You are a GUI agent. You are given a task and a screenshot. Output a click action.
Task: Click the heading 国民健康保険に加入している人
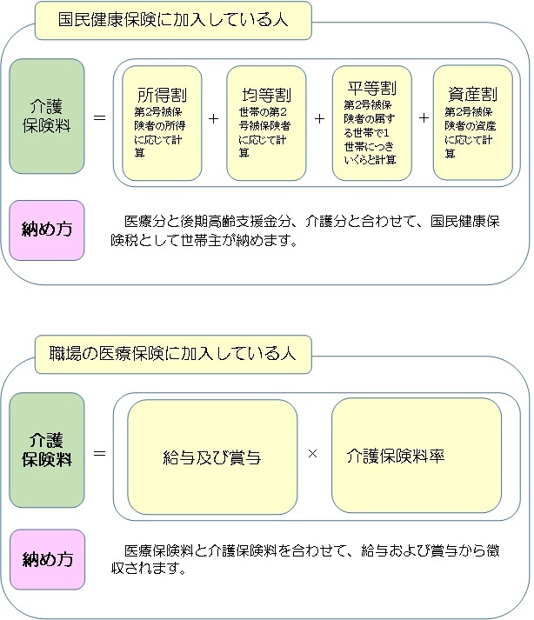[x=173, y=20]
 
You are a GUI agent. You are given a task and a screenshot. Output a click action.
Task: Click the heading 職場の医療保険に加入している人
[x=172, y=354]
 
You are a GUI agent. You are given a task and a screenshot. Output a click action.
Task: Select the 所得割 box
[x=162, y=123]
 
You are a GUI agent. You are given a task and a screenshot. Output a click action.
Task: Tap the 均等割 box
[x=266, y=123]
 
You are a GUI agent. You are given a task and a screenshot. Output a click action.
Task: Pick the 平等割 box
[x=372, y=123]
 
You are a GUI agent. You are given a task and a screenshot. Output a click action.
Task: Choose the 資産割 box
[x=473, y=123]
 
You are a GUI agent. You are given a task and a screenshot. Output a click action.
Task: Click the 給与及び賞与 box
[x=212, y=457]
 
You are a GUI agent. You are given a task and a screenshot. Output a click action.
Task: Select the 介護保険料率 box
[x=417, y=456]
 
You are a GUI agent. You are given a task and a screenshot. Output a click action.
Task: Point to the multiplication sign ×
[x=312, y=454]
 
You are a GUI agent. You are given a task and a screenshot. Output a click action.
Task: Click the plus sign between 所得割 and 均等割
[x=214, y=118]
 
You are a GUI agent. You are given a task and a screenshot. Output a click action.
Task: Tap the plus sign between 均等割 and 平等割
[x=319, y=118]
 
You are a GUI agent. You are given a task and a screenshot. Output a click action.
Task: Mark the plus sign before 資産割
[x=424, y=118]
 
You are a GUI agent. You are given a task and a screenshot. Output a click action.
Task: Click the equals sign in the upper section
[x=100, y=118]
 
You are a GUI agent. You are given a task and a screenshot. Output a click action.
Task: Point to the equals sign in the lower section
[x=100, y=453]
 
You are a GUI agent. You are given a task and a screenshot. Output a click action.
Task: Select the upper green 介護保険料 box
[x=47, y=117]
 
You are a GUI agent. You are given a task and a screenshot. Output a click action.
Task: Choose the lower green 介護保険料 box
[x=47, y=450]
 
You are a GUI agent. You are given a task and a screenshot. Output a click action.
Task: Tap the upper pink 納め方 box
[x=47, y=230]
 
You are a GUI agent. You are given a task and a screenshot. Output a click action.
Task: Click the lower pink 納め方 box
[x=47, y=559]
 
